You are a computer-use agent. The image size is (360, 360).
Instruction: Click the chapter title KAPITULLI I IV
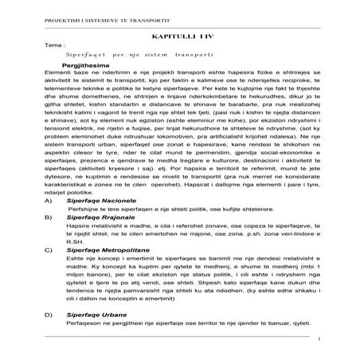point(179,38)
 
